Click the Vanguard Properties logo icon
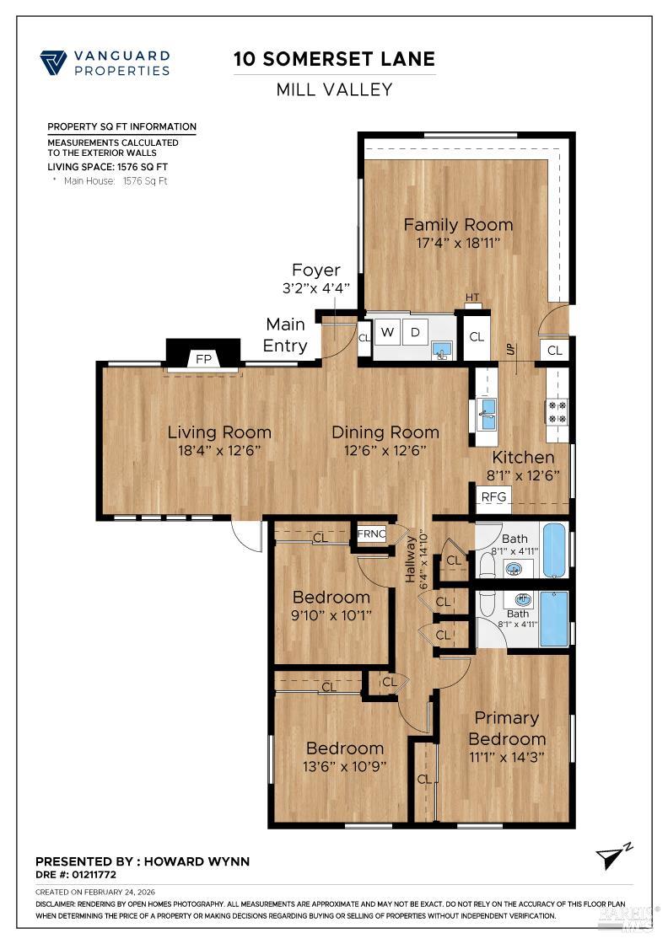pos(53,62)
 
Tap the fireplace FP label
pos(203,358)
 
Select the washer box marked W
pos(388,332)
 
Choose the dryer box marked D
pos(415,332)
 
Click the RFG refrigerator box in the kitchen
pos(493,496)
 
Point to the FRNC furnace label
pos(371,534)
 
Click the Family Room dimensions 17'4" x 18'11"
pos(458,243)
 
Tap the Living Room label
pos(219,432)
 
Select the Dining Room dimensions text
pos(385,450)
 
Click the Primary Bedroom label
pos(507,728)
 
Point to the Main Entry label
pos(285,335)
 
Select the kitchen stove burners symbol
pos(558,410)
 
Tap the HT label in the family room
pos(472,297)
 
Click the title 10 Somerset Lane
pos(335,59)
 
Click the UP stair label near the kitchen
pos(509,349)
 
